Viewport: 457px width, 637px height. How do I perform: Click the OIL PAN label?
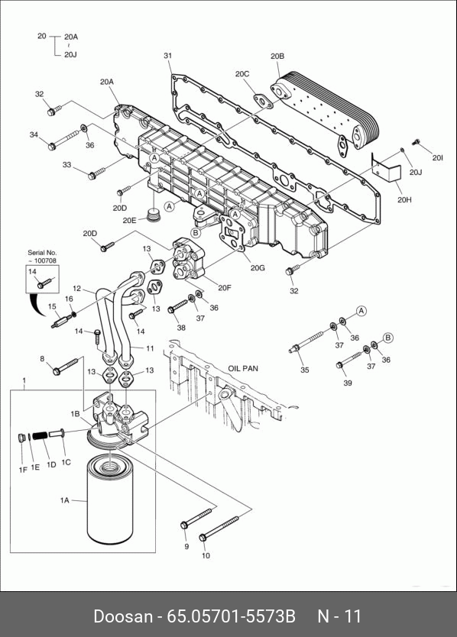click(x=243, y=368)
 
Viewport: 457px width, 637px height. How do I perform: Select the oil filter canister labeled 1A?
click(x=110, y=500)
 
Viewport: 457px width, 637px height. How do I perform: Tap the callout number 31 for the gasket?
click(x=168, y=55)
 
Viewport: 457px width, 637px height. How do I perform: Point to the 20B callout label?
click(x=277, y=56)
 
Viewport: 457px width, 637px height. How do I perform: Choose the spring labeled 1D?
click(x=39, y=435)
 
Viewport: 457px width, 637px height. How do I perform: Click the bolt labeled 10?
click(x=219, y=528)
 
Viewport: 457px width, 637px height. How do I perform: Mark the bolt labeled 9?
click(x=197, y=518)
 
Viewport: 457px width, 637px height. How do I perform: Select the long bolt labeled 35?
click(x=306, y=341)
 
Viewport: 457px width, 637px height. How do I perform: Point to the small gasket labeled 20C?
click(x=263, y=101)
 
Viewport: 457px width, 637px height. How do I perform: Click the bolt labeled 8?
click(x=65, y=366)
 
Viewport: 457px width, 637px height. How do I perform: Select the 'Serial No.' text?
click(x=42, y=252)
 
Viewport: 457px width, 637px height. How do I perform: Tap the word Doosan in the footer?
click(x=123, y=616)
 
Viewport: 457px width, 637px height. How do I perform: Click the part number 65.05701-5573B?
click(x=231, y=616)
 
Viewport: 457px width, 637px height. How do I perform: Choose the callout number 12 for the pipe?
click(x=77, y=289)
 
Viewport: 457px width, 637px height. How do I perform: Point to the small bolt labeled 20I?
click(x=415, y=142)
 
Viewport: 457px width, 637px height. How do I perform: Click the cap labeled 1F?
click(x=22, y=438)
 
